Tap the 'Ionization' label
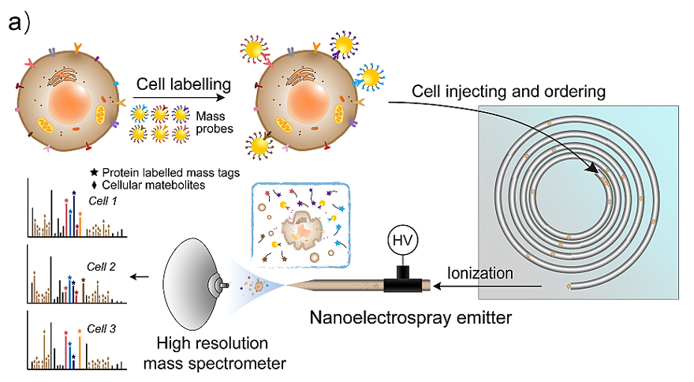pos(483,273)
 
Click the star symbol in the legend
pos(95,173)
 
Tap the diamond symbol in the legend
pos(95,185)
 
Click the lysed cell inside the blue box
pos(301,230)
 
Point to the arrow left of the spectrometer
pos(143,277)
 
